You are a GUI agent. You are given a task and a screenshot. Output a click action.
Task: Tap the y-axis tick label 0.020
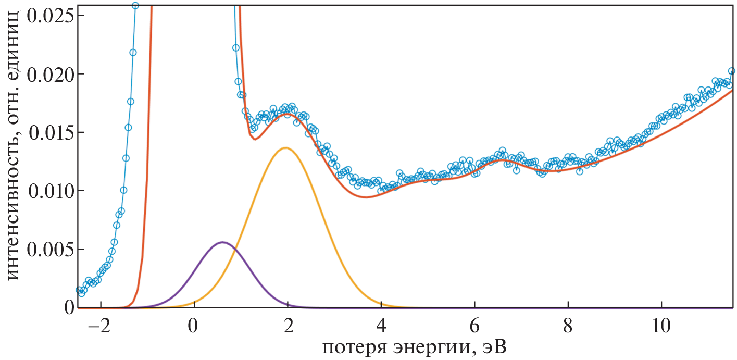(49, 74)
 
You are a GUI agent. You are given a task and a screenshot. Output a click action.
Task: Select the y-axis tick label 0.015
(49, 132)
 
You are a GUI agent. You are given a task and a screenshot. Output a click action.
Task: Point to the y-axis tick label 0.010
(49, 191)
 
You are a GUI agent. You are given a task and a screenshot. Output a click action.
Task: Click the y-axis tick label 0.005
(49, 249)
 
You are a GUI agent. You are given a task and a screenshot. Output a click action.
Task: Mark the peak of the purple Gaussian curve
(223, 242)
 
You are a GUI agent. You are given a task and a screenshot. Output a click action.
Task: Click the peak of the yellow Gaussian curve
(285, 148)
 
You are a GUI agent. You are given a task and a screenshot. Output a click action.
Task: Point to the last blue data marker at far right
(731, 71)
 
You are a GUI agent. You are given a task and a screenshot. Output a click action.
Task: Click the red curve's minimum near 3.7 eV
(367, 197)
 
